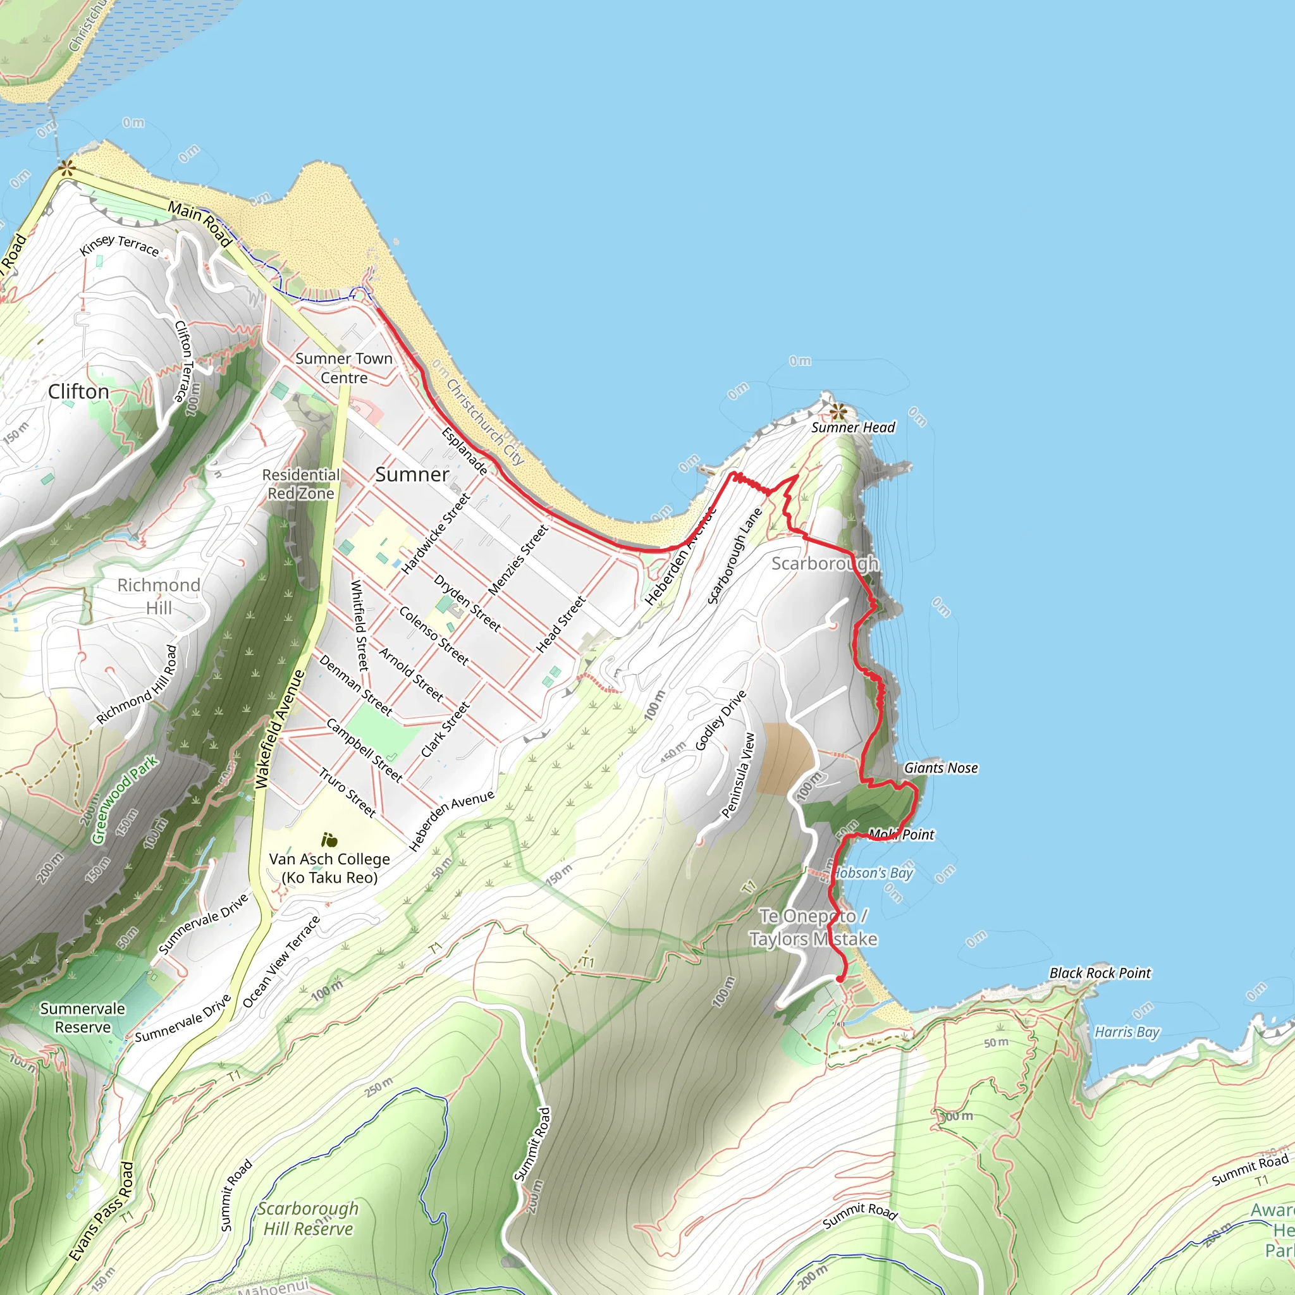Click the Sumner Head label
(852, 427)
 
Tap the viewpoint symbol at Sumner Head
(837, 411)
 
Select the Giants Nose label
(940, 768)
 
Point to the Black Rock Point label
(1100, 973)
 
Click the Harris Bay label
(1127, 1031)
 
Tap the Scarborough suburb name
(825, 563)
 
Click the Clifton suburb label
(78, 391)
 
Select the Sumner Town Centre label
(344, 368)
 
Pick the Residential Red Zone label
(301, 484)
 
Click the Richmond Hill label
(159, 596)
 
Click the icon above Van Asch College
(328, 840)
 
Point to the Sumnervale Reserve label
(82, 1017)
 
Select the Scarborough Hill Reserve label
(308, 1218)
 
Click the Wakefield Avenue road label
(280, 729)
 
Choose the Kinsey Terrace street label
(120, 245)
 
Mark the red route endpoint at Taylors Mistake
(840, 979)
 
